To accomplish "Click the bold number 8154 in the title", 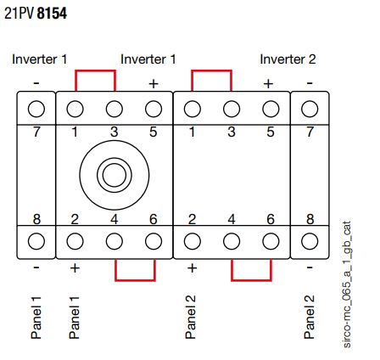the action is [x=52, y=14].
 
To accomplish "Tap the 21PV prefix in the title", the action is [x=20, y=14].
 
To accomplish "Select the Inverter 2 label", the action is [x=288, y=59].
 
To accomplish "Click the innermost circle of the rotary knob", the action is [x=115, y=175].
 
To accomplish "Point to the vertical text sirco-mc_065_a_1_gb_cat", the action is [x=347, y=284].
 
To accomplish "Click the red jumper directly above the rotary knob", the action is [x=95, y=70].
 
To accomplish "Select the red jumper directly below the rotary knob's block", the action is [x=135, y=280].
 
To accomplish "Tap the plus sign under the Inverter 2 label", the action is [x=268, y=84].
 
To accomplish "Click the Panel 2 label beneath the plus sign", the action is [x=191, y=317].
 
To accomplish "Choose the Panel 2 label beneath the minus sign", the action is [x=309, y=317].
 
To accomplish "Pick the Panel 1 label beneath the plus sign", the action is [x=74, y=318].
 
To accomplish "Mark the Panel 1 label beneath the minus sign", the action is [x=36, y=318].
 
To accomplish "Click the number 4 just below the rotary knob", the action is [x=115, y=219].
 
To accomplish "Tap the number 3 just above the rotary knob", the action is [x=115, y=132].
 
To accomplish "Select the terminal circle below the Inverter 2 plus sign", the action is [x=271, y=109].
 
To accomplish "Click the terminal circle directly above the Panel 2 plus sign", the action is [x=193, y=241].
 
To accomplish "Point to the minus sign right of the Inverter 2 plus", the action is [x=310, y=83].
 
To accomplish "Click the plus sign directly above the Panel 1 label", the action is [x=75, y=267].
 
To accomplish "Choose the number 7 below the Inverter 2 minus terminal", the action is [x=310, y=132].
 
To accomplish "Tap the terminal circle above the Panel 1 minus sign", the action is [x=36, y=241].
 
